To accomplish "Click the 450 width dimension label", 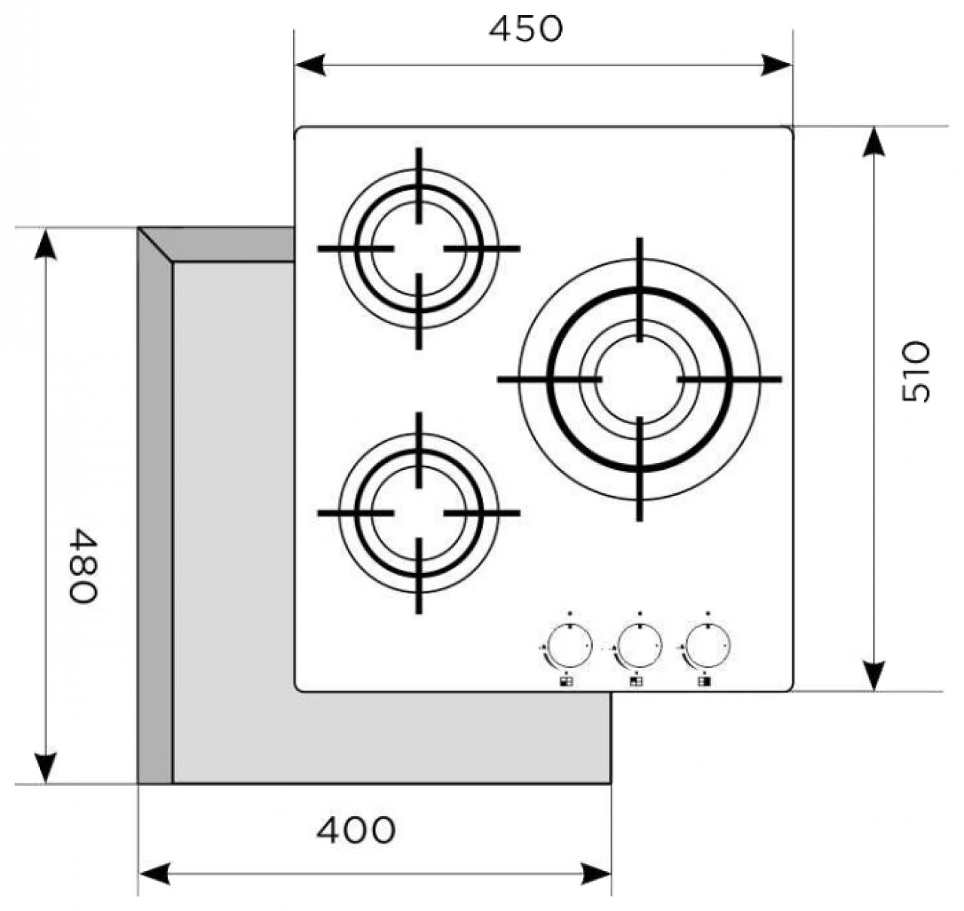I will pos(526,29).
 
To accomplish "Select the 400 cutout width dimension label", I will pos(355,830).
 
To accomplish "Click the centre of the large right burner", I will pos(639,379).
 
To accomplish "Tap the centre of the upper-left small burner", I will pos(419,248).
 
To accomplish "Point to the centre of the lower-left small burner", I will pos(419,513).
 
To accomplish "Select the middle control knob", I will pos(638,647).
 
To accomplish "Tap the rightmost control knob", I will pos(707,647).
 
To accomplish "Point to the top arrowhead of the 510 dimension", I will pos(873,142).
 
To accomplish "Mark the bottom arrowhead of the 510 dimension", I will pos(873,675).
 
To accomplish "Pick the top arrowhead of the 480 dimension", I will pos(46,243).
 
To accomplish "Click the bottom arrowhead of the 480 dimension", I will pos(46,768).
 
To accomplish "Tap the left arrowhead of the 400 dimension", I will pos(153,873).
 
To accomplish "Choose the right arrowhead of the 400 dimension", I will pos(596,873).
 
